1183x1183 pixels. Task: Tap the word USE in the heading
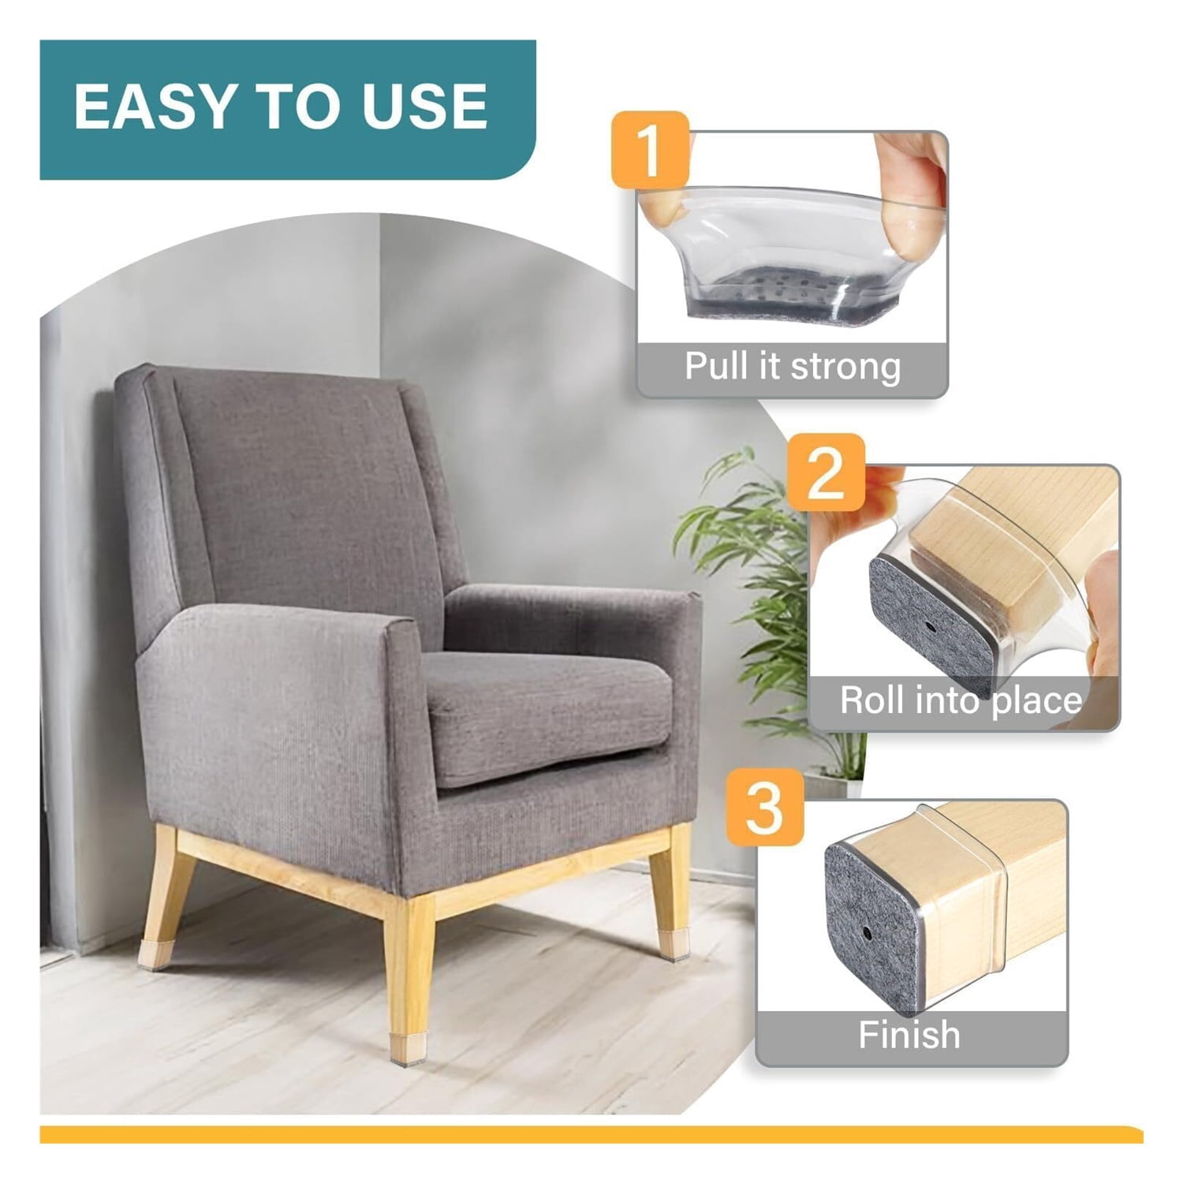[424, 106]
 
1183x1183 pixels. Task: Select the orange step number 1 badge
[651, 150]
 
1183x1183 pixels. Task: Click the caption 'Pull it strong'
[792, 367]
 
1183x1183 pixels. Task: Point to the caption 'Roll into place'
[961, 700]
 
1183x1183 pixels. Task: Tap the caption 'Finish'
[909, 1034]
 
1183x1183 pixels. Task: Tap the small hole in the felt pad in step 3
[867, 933]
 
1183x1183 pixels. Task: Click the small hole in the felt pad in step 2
[932, 628]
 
